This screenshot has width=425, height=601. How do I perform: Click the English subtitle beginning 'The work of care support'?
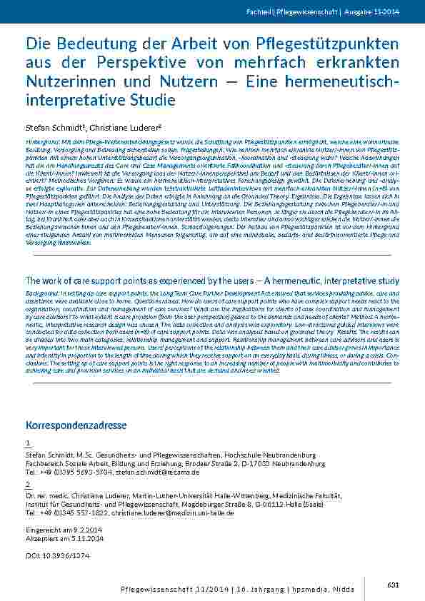coord(212,281)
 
